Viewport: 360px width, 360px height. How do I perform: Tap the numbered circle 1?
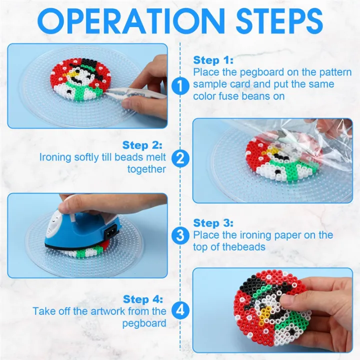[180, 86]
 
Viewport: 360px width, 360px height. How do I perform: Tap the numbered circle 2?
[180, 159]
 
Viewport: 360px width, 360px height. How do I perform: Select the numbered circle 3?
[180, 235]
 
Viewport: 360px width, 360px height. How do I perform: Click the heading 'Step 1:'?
[213, 60]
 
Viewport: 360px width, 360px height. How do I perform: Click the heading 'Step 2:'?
[142, 145]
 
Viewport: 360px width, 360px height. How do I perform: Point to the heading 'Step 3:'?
[213, 223]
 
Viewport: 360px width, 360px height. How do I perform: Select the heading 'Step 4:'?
[142, 299]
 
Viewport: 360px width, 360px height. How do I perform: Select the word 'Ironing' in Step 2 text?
[56, 157]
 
